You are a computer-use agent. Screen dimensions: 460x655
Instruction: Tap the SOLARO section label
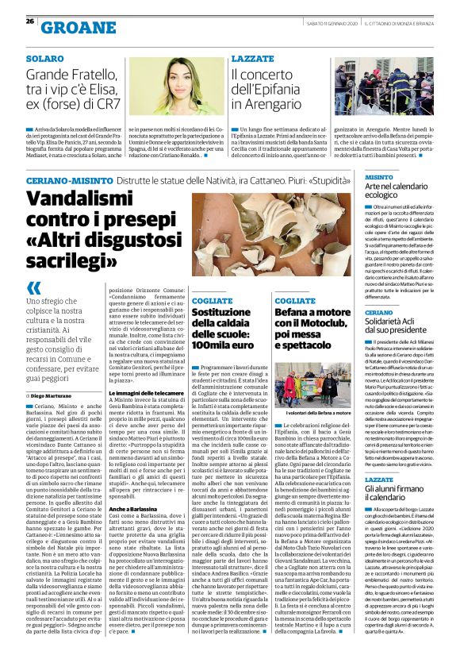(44, 60)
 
